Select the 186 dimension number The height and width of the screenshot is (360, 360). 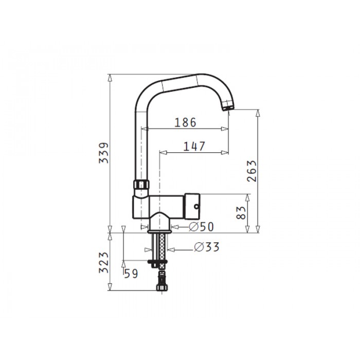186,122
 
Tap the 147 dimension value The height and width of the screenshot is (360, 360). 194,147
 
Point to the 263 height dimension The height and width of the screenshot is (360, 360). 251,171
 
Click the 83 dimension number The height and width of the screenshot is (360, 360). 241,212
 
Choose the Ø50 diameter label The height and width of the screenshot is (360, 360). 202,227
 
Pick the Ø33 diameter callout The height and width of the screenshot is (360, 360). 207,247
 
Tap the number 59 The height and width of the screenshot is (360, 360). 131,274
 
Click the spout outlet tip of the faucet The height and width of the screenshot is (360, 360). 228,108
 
